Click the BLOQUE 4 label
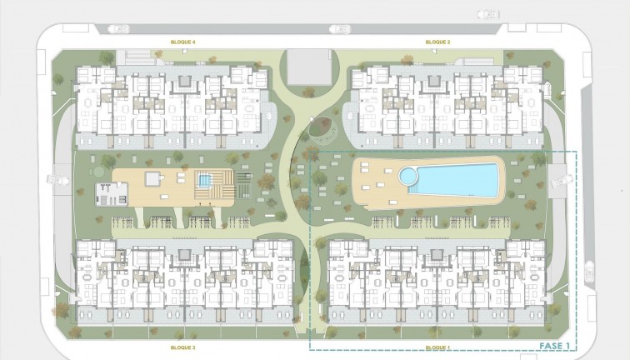point(182,42)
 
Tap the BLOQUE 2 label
point(437,42)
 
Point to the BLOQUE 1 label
point(437,347)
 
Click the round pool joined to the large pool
point(407,177)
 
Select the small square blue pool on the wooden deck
point(204,179)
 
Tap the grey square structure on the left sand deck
point(152,177)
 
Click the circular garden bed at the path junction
point(321,130)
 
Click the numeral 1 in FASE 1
point(567,344)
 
